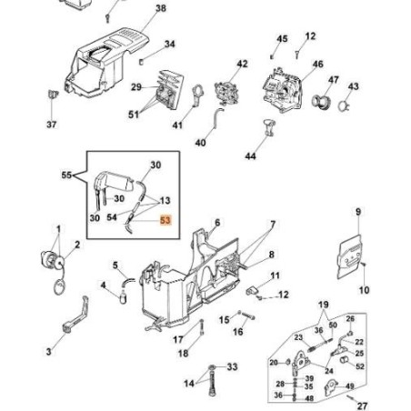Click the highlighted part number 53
click(165, 219)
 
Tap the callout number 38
click(161, 9)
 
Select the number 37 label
click(51, 125)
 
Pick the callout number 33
click(232, 366)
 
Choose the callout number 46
click(317, 65)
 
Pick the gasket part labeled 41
click(192, 98)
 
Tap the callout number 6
click(216, 222)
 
